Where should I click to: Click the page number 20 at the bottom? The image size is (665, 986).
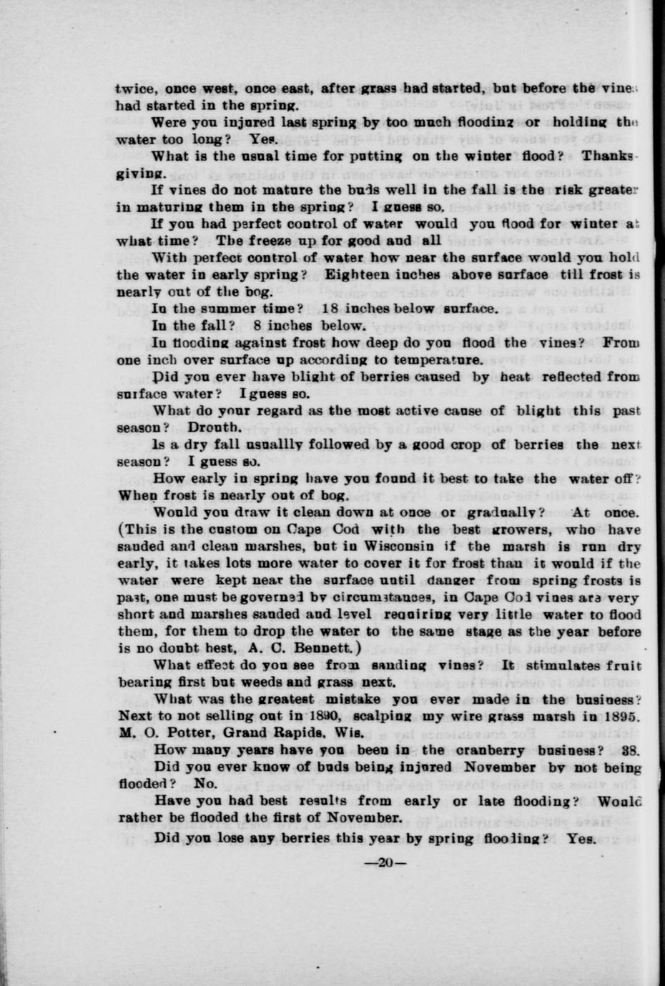386,862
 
